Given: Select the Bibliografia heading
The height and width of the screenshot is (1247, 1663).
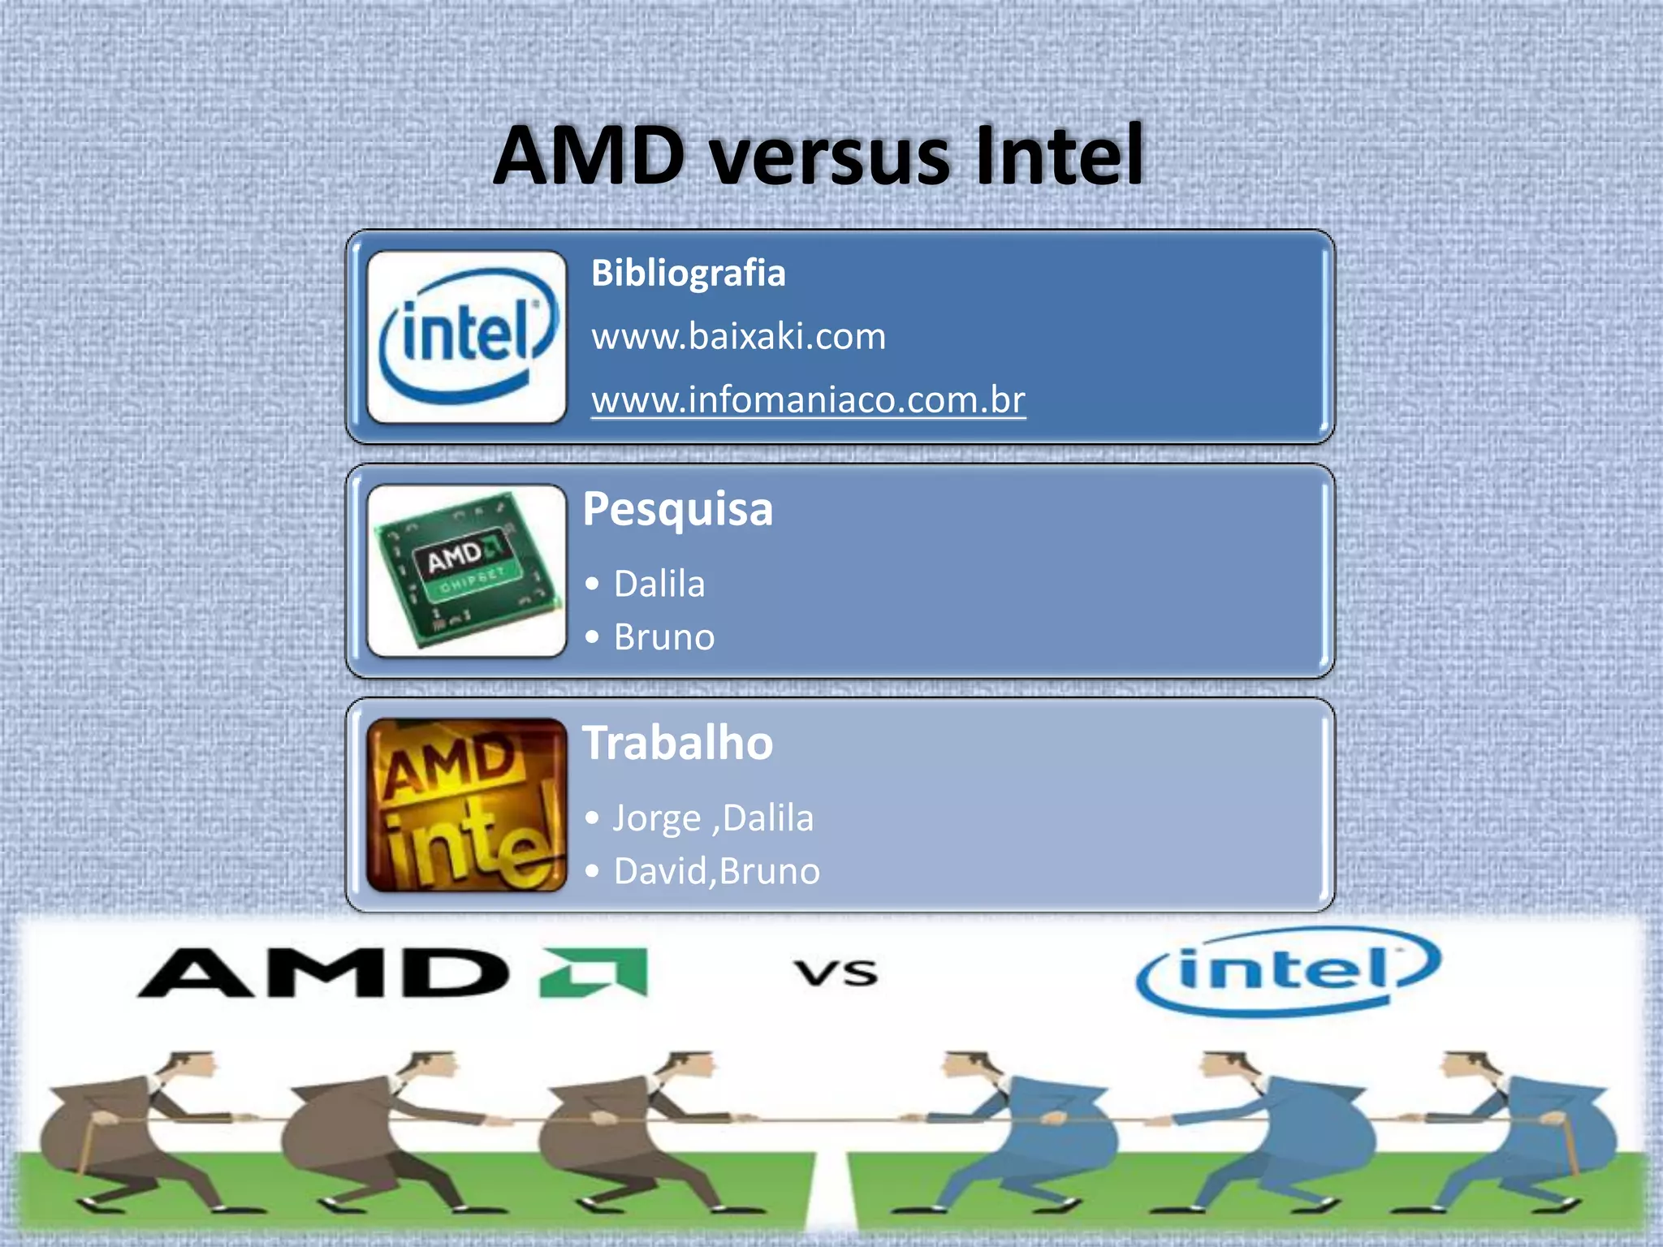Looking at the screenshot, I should click(688, 273).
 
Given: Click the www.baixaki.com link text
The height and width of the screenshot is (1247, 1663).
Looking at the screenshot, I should click(738, 336).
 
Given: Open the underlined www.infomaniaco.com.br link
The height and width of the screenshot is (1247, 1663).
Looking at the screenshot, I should click(808, 399).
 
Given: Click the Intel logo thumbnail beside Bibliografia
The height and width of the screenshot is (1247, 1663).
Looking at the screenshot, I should click(466, 337).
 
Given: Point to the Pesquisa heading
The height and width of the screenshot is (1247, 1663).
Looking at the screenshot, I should click(677, 510).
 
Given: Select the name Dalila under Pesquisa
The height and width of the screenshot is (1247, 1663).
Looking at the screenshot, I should click(659, 584).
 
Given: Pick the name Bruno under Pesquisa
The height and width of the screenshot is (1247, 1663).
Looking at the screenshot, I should click(664, 637).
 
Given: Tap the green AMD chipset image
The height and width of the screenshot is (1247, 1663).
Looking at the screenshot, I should click(466, 571).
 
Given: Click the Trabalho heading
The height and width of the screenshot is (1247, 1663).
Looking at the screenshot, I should click(677, 743).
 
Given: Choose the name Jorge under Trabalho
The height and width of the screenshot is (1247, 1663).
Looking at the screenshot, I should click(656, 818).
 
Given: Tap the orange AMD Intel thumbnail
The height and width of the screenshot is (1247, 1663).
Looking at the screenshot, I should click(466, 805).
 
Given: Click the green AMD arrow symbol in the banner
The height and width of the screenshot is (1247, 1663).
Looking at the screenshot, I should click(594, 972).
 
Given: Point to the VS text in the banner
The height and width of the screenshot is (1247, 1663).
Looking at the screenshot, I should click(836, 972).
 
